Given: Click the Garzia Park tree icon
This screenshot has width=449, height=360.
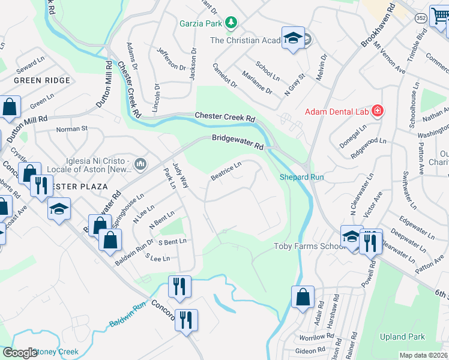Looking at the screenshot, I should [x=231, y=23].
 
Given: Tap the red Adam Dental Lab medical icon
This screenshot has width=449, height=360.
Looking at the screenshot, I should [x=378, y=111].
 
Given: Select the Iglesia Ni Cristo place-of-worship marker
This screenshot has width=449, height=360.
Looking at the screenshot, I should [x=140, y=163].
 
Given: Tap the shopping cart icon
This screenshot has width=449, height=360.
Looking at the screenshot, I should [x=440, y=16].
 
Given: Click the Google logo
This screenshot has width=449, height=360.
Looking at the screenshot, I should [x=19, y=353].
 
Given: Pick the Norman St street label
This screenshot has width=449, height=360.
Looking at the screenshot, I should [x=71, y=128].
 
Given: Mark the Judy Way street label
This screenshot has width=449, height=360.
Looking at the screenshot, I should [x=180, y=174].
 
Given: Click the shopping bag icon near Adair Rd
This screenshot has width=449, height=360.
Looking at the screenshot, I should [x=303, y=296].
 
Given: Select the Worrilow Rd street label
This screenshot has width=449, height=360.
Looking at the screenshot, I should [x=312, y=337].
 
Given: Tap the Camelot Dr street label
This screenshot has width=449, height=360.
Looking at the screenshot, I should [x=225, y=76].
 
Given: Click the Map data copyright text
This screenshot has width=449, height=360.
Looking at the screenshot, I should [x=423, y=355].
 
